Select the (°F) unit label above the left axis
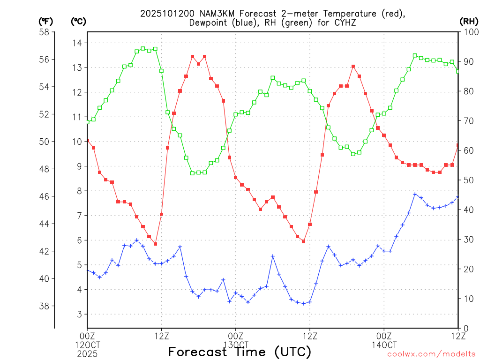(45, 21)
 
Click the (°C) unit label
(78, 21)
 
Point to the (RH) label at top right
(468, 21)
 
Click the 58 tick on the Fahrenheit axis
(45, 32)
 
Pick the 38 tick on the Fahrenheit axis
(45, 306)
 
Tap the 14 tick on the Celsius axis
(76, 43)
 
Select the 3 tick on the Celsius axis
(79, 315)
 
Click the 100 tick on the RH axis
(469, 32)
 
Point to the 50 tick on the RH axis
(467, 180)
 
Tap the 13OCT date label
(235, 345)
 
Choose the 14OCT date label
(384, 345)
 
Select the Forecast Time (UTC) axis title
(240, 352)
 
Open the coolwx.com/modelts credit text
(431, 354)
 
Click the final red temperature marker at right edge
(458, 145)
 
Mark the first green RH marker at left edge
(87, 122)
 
